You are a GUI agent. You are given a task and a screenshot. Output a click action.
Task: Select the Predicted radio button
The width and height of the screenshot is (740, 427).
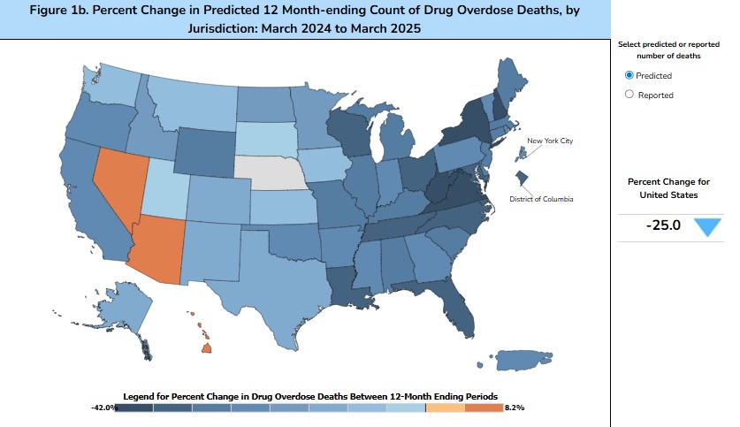click(629, 76)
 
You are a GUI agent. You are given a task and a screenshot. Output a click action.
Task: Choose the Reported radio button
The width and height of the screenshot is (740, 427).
click(629, 95)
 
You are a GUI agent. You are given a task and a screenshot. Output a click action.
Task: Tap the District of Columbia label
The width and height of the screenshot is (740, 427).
click(541, 200)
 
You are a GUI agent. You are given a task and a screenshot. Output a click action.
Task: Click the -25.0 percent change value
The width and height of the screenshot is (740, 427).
click(663, 225)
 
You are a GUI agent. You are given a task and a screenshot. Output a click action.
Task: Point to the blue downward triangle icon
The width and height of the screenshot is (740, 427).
click(707, 226)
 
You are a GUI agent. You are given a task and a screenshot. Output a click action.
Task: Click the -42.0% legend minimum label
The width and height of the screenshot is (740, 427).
click(103, 408)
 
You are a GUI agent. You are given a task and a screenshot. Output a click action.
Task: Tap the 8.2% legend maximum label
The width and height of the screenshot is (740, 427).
click(515, 408)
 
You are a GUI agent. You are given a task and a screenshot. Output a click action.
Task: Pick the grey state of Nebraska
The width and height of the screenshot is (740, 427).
click(270, 172)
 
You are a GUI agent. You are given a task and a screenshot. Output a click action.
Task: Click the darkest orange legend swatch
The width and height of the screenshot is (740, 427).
click(484, 408)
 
